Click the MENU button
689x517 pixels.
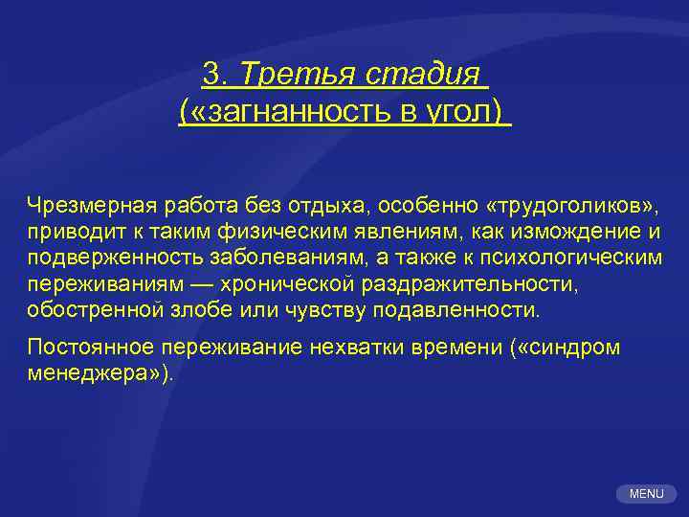[646, 494]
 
